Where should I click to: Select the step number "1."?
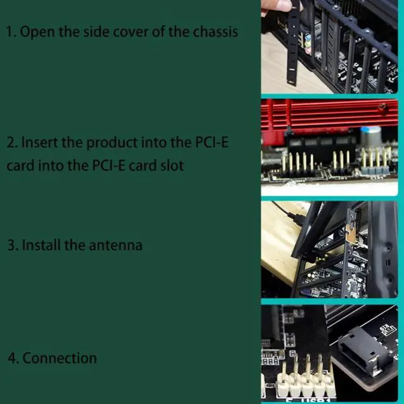click(11, 32)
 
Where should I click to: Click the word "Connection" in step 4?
click(60, 358)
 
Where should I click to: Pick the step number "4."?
click(13, 358)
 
